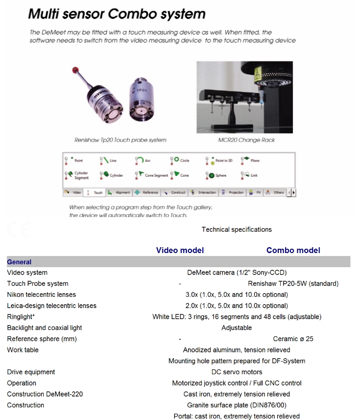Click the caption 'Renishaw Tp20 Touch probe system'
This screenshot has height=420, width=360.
point(120,140)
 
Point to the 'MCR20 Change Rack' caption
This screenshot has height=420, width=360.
point(247,140)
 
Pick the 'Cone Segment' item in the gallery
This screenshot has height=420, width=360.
point(153,175)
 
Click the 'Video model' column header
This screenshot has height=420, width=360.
point(180,250)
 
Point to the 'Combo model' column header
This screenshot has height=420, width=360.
point(293,250)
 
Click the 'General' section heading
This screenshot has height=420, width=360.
point(19,262)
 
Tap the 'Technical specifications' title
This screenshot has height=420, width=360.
point(237,229)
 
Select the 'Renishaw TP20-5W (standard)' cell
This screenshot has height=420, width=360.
point(293,283)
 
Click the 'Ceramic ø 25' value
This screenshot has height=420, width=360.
point(293,339)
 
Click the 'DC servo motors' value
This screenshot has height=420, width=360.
point(237,372)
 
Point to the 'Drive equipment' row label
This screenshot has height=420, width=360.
point(31,372)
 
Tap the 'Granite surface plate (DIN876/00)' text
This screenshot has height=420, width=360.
point(237,405)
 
